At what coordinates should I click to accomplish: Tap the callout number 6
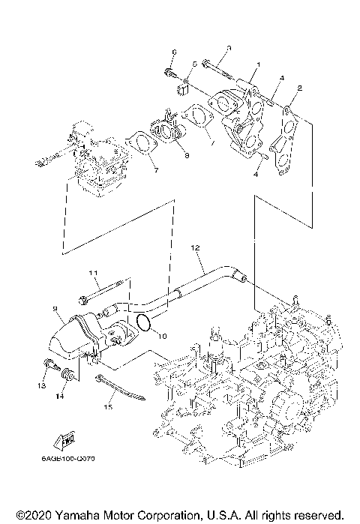(x=173, y=52)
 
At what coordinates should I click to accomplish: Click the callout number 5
(x=194, y=64)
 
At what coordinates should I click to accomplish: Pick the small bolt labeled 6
(x=169, y=73)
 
